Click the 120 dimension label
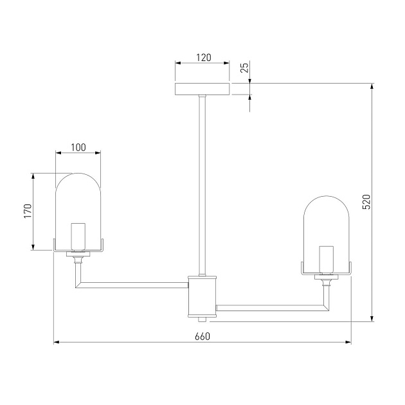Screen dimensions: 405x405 [203, 57]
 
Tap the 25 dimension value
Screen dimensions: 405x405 [244, 68]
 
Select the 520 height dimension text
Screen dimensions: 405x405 [366, 203]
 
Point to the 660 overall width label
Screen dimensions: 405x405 [202, 336]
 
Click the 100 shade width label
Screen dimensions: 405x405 [78, 147]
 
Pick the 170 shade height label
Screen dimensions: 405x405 [28, 212]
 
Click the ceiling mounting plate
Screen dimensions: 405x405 [203, 89]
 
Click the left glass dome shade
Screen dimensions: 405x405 [78, 199]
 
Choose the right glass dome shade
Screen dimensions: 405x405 [327, 222]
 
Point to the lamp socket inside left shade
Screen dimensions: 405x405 [78, 237]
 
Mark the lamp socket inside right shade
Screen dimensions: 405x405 [327, 258]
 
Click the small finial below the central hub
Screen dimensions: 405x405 [203, 319]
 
